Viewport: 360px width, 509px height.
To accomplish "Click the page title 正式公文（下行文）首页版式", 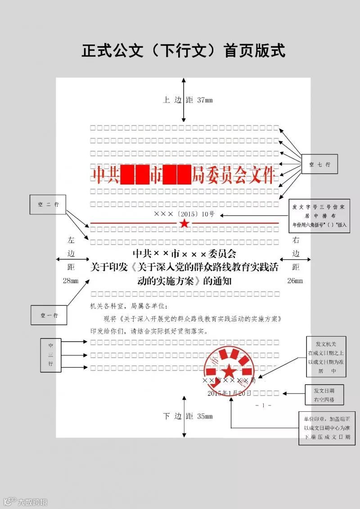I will (183, 50).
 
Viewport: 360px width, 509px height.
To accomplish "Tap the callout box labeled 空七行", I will (319, 165).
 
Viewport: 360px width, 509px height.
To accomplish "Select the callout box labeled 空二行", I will (48, 204).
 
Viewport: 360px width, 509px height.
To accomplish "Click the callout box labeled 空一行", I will (49, 315).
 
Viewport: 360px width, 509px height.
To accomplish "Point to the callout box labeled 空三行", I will (50, 355).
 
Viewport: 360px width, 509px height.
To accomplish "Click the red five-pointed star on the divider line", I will (184, 223).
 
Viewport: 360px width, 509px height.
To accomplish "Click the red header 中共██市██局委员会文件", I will (183, 175).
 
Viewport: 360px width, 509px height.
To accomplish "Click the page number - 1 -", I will (263, 405).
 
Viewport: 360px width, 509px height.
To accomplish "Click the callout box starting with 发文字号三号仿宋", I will (319, 216).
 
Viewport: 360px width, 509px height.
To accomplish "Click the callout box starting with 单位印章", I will (326, 428).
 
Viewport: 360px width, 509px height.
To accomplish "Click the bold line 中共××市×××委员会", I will (184, 255).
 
